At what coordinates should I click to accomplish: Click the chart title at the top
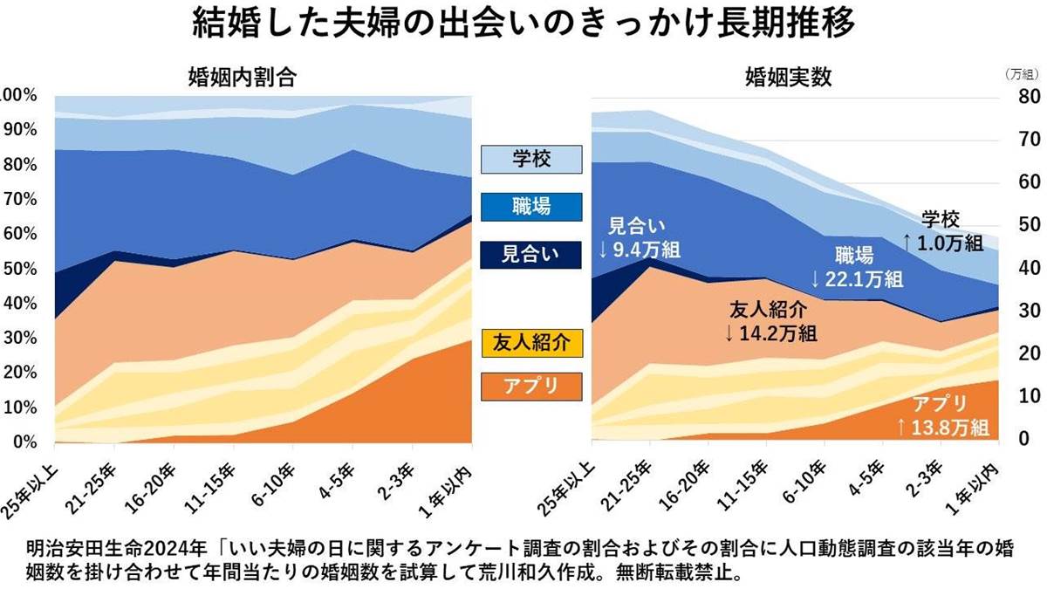tap(523, 24)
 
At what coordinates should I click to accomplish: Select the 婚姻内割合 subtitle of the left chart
tap(242, 77)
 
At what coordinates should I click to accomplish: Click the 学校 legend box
tap(530, 160)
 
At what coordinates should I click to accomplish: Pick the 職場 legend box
tap(530, 207)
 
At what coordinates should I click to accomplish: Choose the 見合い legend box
tap(530, 255)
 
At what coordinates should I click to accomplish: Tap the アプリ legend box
tap(530, 385)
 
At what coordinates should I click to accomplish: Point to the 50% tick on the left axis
tap(19, 269)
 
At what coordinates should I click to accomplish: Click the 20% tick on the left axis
tap(19, 373)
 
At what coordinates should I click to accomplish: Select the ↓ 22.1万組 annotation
tap(856, 279)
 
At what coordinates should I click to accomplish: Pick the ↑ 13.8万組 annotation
tap(941, 427)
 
